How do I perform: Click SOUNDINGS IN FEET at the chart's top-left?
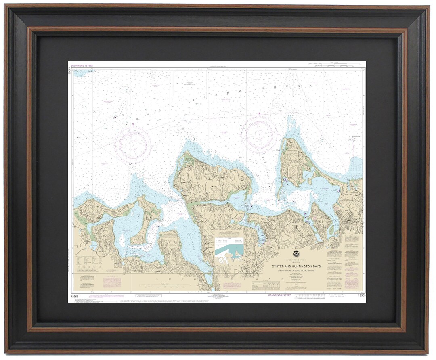(x=80, y=65)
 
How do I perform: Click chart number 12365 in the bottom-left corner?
(x=74, y=296)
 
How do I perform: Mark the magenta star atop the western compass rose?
(x=133, y=124)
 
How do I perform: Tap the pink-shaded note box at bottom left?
(x=113, y=281)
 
